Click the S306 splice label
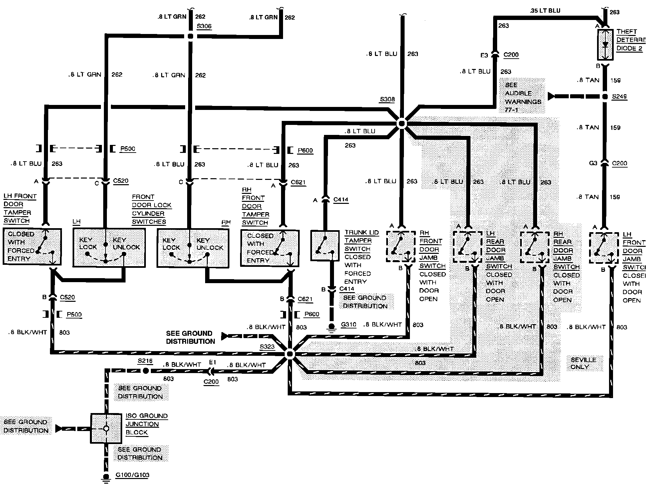[x=204, y=26]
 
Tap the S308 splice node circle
[x=402, y=124]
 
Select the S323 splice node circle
[x=290, y=354]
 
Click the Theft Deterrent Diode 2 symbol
[x=605, y=45]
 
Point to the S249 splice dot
[x=605, y=97]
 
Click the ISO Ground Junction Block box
[x=106, y=428]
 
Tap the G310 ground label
[x=348, y=324]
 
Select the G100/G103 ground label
[x=132, y=475]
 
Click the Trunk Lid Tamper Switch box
[x=325, y=245]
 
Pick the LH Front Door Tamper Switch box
[x=32, y=246]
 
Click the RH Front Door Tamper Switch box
[x=270, y=248]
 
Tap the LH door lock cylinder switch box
[x=109, y=247]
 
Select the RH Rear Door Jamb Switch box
[x=534, y=247]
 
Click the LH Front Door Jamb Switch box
[x=604, y=248]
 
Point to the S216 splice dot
[x=145, y=370]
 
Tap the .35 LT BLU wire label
[x=545, y=11]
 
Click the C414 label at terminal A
[x=341, y=200]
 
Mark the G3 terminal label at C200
[x=593, y=163]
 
